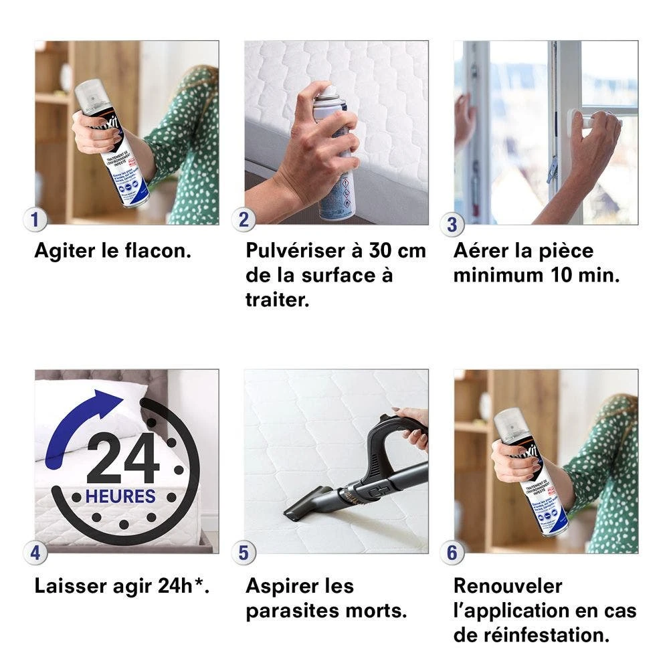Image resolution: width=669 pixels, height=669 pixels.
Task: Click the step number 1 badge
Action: pyautogui.click(x=35, y=219)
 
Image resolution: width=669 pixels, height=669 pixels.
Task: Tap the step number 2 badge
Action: pyautogui.click(x=244, y=219)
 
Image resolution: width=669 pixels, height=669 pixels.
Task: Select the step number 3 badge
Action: pyautogui.click(x=452, y=224)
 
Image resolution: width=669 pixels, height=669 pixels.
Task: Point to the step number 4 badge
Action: pyautogui.click(x=35, y=553)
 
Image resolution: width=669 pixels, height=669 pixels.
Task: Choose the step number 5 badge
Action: pyautogui.click(x=244, y=553)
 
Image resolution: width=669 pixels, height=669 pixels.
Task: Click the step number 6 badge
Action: pyautogui.click(x=452, y=553)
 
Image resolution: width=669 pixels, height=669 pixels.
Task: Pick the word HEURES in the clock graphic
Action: pyautogui.click(x=120, y=496)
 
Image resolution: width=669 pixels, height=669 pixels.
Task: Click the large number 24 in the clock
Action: pyautogui.click(x=122, y=459)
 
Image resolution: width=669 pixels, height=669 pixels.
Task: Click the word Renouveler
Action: pyautogui.click(x=508, y=586)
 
